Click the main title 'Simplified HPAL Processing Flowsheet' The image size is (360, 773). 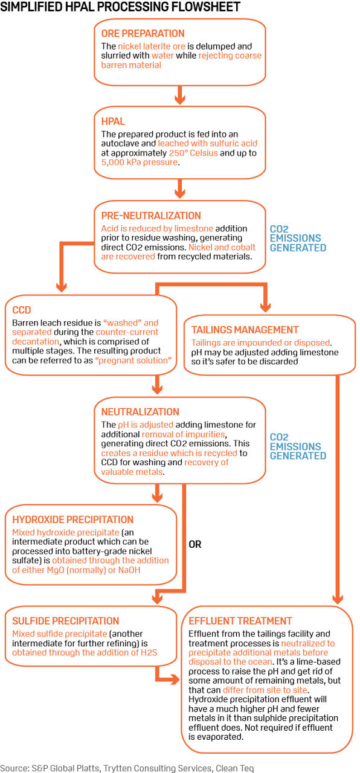tap(121, 7)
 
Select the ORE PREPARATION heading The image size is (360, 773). tap(142, 33)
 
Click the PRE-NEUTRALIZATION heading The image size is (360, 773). tap(148, 216)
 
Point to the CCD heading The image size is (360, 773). tap(22, 310)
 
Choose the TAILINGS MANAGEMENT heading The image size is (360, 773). tap(245, 330)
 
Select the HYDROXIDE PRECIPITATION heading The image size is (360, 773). tap(72, 519)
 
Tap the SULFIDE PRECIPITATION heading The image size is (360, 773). tap(65, 621)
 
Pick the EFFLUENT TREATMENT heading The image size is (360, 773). tap(240, 621)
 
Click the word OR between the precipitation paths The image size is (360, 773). tap(196, 544)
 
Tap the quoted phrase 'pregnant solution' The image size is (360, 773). tap(137, 361)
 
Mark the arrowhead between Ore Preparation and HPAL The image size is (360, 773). tap(179, 97)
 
